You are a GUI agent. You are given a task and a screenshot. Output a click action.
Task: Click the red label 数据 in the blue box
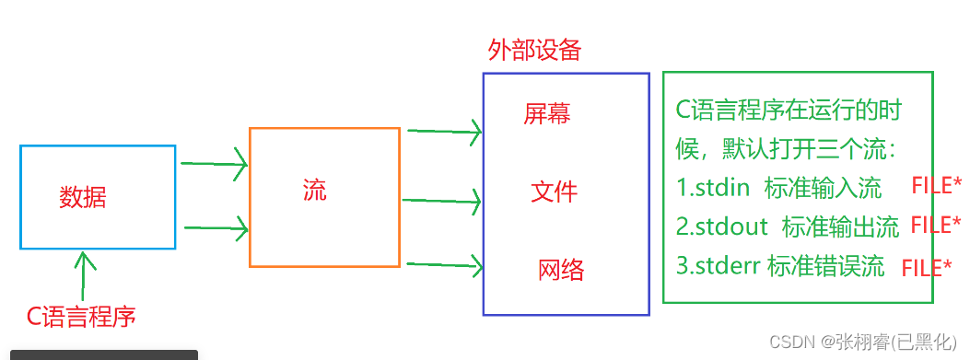pyautogui.click(x=83, y=197)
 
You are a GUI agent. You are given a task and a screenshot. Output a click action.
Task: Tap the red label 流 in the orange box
pyautogui.click(x=314, y=190)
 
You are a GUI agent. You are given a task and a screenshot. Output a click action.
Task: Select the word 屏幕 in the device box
pyautogui.click(x=547, y=113)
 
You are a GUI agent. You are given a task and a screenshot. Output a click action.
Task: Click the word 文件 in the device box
pyautogui.click(x=554, y=192)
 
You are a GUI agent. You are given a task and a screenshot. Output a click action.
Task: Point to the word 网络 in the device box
pyautogui.click(x=560, y=270)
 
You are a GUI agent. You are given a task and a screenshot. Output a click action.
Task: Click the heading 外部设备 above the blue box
pyautogui.click(x=534, y=50)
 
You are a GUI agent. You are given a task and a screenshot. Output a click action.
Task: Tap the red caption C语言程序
pyautogui.click(x=81, y=318)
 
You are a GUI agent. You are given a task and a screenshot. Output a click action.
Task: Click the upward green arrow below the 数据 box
pyautogui.click(x=84, y=273)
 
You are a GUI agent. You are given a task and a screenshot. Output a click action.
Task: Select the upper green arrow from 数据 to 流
pyautogui.click(x=214, y=166)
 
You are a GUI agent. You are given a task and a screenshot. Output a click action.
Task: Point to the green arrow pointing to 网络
pyautogui.click(x=444, y=267)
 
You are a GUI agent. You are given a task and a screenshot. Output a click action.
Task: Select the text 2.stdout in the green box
pyautogui.click(x=723, y=226)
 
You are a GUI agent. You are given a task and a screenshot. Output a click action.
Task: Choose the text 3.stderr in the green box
pyautogui.click(x=719, y=266)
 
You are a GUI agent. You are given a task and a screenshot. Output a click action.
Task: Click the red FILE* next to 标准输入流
pyautogui.click(x=936, y=185)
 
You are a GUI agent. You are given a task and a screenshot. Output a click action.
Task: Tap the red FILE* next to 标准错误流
pyautogui.click(x=926, y=268)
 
